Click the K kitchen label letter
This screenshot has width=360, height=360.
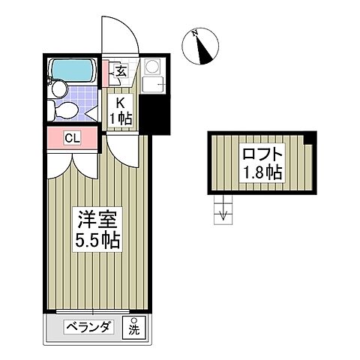pos(120,105)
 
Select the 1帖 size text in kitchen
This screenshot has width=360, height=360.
pos(121,119)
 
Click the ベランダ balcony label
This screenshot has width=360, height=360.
pos(88,326)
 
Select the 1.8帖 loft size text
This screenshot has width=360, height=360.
pos(262,174)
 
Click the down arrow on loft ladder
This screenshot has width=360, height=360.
pos(221,217)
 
